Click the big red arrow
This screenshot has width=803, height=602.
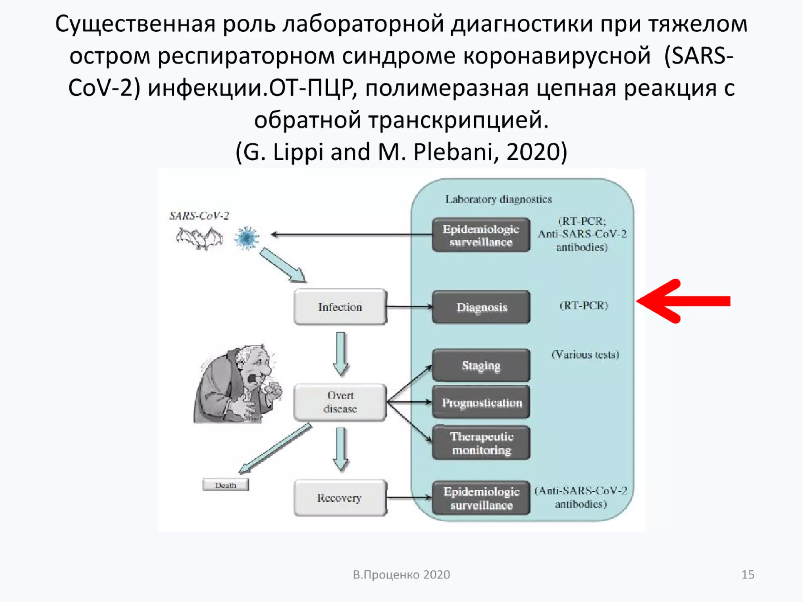pyautogui.click(x=684, y=301)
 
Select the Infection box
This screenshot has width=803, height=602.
pyautogui.click(x=340, y=307)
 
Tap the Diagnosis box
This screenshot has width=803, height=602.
pyautogui.click(x=481, y=307)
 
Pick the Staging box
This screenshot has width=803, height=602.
pyautogui.click(x=481, y=366)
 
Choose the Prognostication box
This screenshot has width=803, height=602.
pyautogui.click(x=481, y=403)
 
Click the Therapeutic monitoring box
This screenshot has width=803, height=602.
pyautogui.click(x=481, y=443)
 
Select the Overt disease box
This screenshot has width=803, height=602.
pyautogui.click(x=340, y=402)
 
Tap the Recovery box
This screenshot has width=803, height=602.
pyautogui.click(x=340, y=498)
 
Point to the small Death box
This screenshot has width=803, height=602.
pyautogui.click(x=225, y=485)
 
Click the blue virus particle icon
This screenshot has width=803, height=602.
pyautogui.click(x=247, y=238)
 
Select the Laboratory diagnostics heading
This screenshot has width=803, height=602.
pyautogui.click(x=498, y=199)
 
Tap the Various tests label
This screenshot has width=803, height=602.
pyautogui.click(x=585, y=355)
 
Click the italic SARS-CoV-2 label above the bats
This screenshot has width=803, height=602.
pyautogui.click(x=199, y=216)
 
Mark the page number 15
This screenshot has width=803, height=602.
pyautogui.click(x=748, y=575)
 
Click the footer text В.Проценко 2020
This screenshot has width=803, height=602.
pyautogui.click(x=401, y=575)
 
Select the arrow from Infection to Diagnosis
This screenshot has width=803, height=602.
pyautogui.click(x=409, y=307)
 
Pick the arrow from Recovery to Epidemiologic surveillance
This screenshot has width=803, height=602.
pyautogui.click(x=409, y=498)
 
